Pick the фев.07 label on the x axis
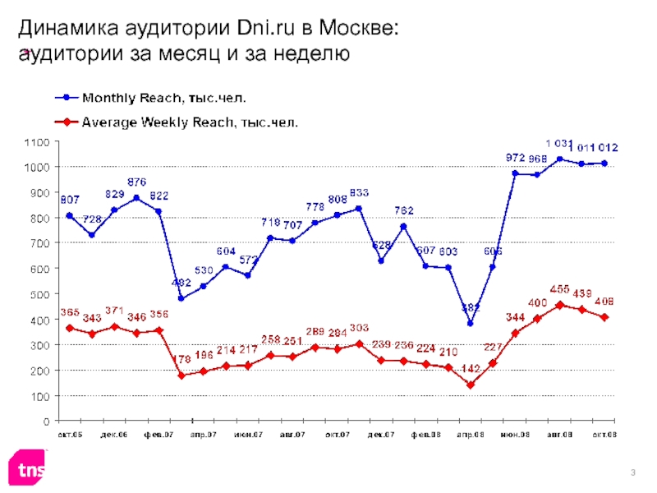pos(159,434)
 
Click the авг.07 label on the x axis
pos(292,434)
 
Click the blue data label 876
pos(136,182)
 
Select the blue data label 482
pos(181,283)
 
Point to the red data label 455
pos(559,289)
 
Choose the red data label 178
pos(181,359)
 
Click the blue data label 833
pos(359,192)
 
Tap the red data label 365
pos(69,313)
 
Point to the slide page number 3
pos(634,471)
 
